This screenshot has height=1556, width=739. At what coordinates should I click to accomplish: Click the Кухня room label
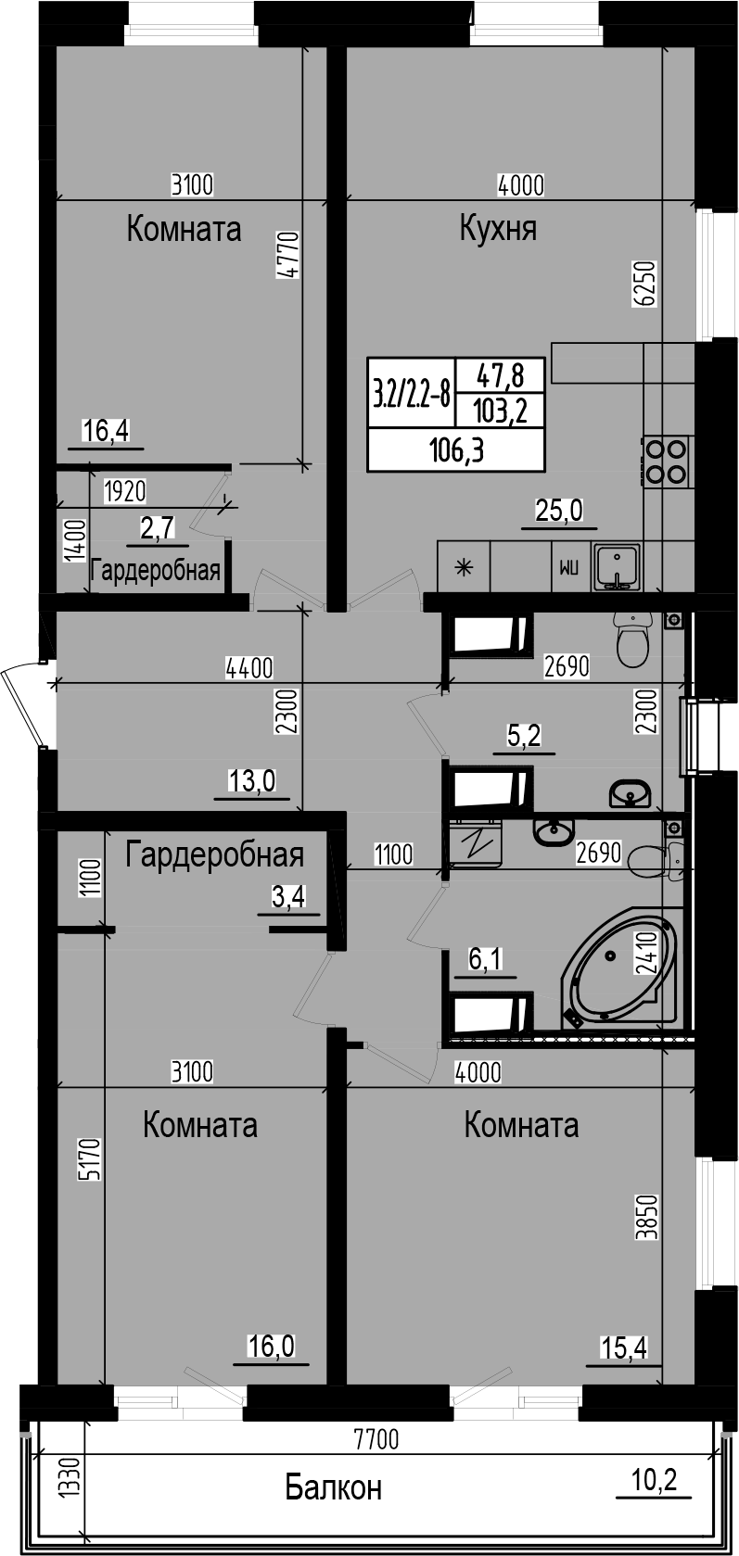(498, 228)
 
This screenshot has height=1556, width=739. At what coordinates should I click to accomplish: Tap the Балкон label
(333, 1487)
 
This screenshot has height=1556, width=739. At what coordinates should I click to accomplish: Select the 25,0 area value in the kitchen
(559, 509)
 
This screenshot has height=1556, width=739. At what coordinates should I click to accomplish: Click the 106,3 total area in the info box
(456, 450)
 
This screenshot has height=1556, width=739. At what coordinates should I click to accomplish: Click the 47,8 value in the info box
(500, 374)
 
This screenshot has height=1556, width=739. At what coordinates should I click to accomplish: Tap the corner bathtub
(618, 974)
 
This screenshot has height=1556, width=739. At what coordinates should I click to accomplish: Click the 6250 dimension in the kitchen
(645, 284)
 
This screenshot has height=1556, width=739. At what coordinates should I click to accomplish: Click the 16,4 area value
(105, 430)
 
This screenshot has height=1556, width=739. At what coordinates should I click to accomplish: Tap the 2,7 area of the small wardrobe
(157, 527)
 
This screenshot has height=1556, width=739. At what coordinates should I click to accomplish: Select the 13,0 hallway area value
(252, 781)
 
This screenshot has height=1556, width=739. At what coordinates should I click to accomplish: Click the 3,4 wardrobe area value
(287, 896)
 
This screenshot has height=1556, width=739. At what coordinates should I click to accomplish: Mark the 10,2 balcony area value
(654, 1479)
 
